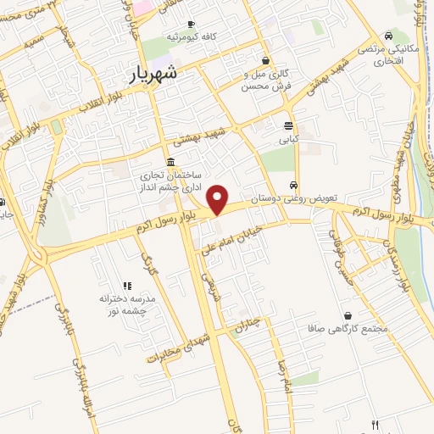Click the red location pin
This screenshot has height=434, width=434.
[219, 198]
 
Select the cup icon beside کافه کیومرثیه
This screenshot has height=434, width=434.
[191, 24]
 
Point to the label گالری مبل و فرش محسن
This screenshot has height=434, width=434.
[266, 80]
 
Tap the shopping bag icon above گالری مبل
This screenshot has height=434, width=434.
[266, 60]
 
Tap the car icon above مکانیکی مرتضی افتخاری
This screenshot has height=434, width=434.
[388, 36]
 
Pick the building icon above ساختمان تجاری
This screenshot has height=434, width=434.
[171, 162]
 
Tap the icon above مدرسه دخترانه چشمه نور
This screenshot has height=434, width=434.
[128, 287]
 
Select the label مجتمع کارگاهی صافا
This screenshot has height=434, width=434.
[349, 328]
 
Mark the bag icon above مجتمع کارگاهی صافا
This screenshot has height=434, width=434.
[348, 315]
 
